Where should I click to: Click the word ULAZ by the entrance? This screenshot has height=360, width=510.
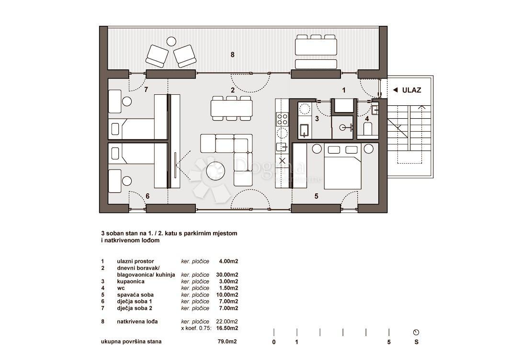(x=411, y=90)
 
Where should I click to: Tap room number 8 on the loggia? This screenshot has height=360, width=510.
(x=232, y=55)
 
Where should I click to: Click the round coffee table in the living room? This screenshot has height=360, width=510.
(x=215, y=171)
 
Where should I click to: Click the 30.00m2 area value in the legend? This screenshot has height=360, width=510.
(x=228, y=275)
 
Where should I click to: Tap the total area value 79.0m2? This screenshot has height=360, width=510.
(x=227, y=342)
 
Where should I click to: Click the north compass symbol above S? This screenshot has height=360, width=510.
(x=416, y=332)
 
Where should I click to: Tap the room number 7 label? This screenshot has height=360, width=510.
(x=147, y=90)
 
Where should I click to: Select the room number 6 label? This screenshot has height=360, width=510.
(x=147, y=196)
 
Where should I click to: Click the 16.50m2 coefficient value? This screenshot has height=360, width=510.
(x=228, y=328)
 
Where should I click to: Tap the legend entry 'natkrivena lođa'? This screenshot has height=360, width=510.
(x=137, y=322)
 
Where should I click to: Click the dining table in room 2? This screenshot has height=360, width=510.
(x=232, y=108)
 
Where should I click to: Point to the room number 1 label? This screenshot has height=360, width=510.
(x=343, y=90)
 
